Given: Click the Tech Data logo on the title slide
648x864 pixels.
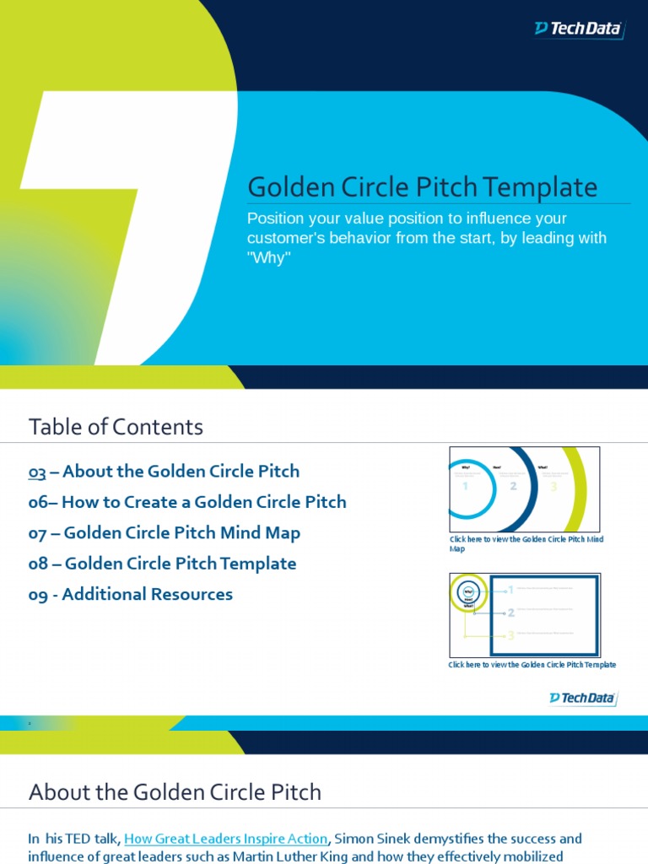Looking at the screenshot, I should (x=579, y=29).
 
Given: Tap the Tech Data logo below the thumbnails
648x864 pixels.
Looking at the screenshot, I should (x=583, y=698).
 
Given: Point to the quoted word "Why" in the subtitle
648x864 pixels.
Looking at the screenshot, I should (x=268, y=258).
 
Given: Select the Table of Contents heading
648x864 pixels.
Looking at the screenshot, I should (x=116, y=427).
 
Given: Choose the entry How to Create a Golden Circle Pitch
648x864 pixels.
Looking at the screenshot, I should (x=187, y=502).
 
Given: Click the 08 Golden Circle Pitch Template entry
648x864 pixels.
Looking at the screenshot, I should (x=162, y=564).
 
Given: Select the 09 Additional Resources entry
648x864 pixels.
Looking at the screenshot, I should (x=131, y=594).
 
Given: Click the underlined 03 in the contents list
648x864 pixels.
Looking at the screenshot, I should (x=37, y=472).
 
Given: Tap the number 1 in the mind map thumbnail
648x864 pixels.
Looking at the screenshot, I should (x=465, y=486).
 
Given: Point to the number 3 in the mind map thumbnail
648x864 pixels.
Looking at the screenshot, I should (x=553, y=486).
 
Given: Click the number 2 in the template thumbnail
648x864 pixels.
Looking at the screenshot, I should (x=510, y=613).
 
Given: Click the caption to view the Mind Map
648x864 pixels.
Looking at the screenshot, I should (x=526, y=543).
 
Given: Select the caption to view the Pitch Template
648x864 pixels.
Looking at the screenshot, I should (x=532, y=665).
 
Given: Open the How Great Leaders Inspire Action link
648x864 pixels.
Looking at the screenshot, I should (x=226, y=839).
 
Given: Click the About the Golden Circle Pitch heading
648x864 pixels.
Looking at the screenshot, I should (x=175, y=792).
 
